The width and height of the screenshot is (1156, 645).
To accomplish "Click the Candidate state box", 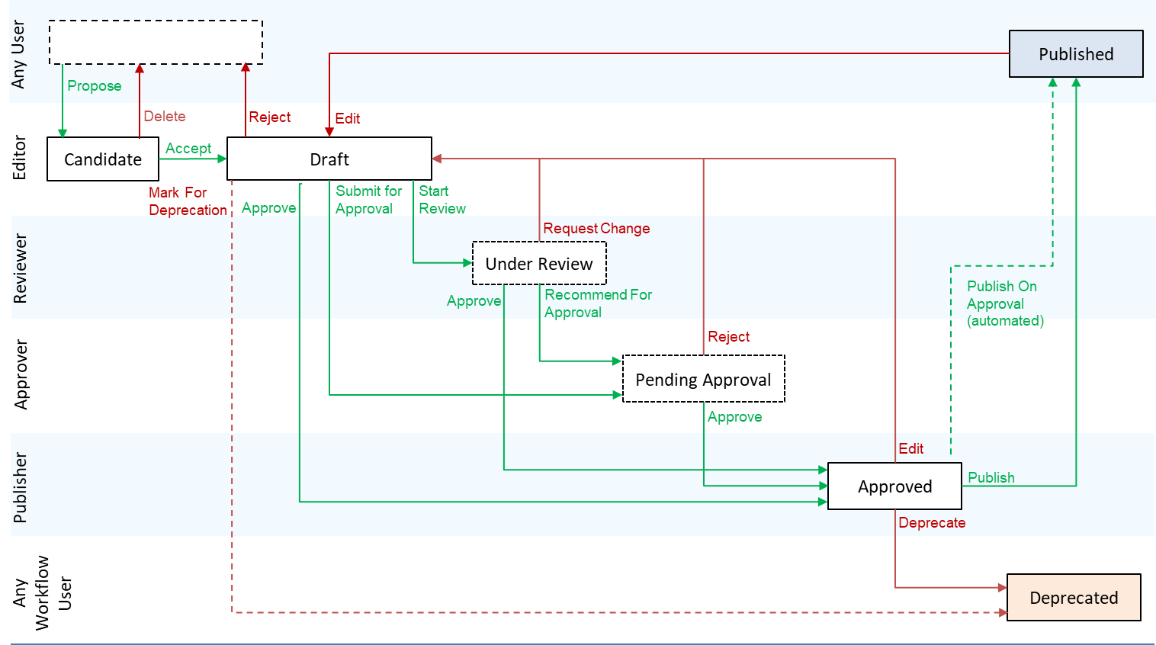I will pyautogui.click(x=103, y=159).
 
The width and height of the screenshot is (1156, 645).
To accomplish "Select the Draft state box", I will pyautogui.click(x=329, y=159).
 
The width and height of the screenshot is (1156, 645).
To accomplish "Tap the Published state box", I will pyautogui.click(x=1076, y=54).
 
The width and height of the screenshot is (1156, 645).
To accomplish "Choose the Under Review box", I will pyautogui.click(x=539, y=264).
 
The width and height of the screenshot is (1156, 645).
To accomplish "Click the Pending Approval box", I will pyautogui.click(x=703, y=380).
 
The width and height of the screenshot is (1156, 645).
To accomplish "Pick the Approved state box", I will pyautogui.click(x=894, y=486).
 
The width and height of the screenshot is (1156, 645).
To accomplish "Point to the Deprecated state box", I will pyautogui.click(x=1074, y=598).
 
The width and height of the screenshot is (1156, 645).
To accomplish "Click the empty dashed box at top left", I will pyautogui.click(x=156, y=43).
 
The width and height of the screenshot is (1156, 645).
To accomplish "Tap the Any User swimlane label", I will pyautogui.click(x=18, y=54).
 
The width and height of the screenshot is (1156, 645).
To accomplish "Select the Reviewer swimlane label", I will pyautogui.click(x=21, y=268).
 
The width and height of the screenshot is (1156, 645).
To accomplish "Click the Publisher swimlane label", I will pyautogui.click(x=21, y=488).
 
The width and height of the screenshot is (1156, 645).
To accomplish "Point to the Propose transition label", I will pyautogui.click(x=95, y=86).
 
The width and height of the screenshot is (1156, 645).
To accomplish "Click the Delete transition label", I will pyautogui.click(x=165, y=117).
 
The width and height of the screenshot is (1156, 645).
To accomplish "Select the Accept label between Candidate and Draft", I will pyautogui.click(x=188, y=149).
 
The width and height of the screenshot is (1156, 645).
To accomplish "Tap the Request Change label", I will pyautogui.click(x=596, y=229).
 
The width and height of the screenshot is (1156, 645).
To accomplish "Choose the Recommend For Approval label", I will pyautogui.click(x=598, y=303).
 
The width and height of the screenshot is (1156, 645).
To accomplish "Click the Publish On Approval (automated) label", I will pyautogui.click(x=1004, y=303).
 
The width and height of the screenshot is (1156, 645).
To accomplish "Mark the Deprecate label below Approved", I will pyautogui.click(x=932, y=523).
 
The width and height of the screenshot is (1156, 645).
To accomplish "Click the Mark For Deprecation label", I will pyautogui.click(x=188, y=201).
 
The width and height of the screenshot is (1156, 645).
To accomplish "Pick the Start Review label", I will pyautogui.click(x=442, y=200).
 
